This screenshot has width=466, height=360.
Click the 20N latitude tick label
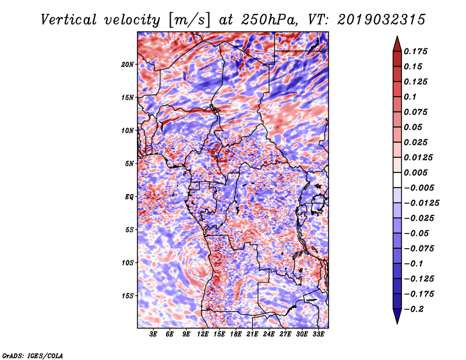[128, 64]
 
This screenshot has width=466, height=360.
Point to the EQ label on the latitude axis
[129, 197]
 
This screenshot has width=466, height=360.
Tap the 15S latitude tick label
[128, 296]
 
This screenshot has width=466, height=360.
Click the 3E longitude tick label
[154, 334]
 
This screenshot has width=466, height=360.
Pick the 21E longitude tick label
[253, 334]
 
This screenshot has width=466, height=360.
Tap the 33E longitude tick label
[319, 334]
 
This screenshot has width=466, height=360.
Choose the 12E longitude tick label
[203, 334]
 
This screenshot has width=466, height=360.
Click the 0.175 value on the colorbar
[418, 51]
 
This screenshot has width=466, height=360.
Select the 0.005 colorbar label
[418, 172]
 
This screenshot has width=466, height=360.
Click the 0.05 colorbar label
[415, 127]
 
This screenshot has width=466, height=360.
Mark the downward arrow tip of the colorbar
[397, 322]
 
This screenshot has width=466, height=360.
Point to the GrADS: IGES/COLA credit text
[33, 355]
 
